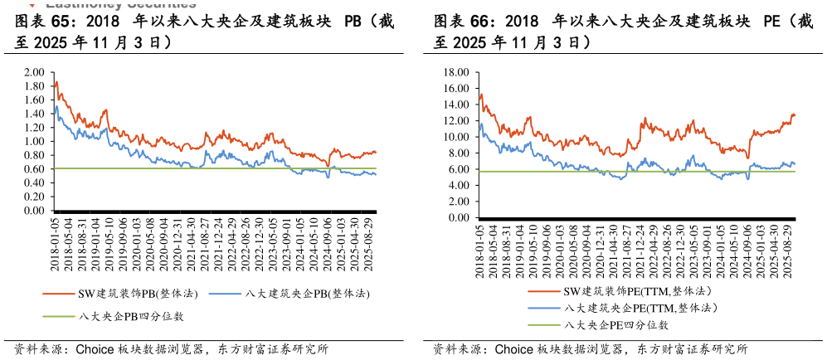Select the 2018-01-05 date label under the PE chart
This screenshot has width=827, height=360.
480,248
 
